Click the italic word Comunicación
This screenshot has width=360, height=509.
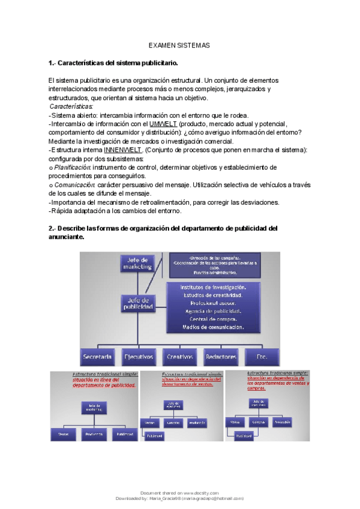tap(70, 184)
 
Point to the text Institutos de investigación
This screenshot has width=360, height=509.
tap(213, 287)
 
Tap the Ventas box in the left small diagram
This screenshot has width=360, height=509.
tap(64, 433)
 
